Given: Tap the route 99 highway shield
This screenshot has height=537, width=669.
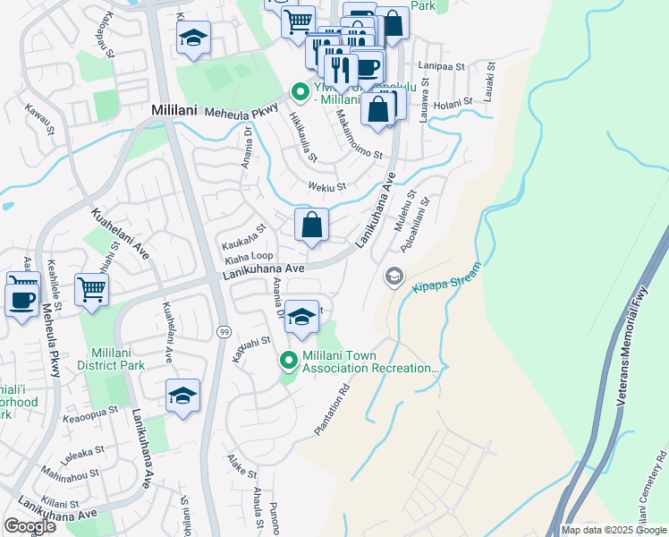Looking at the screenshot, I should click(x=224, y=332).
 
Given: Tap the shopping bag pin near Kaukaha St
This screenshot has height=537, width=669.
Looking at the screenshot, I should click(x=312, y=226).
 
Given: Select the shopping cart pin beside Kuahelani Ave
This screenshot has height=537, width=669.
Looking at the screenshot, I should click(x=91, y=290).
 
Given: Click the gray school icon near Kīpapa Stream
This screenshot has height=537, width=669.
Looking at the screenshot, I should click(x=393, y=277).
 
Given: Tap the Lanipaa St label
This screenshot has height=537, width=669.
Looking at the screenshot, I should click(x=447, y=66).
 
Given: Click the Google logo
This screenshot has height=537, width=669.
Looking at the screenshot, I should click(x=30, y=525).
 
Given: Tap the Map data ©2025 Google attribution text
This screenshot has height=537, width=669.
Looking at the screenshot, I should click(x=613, y=530).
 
